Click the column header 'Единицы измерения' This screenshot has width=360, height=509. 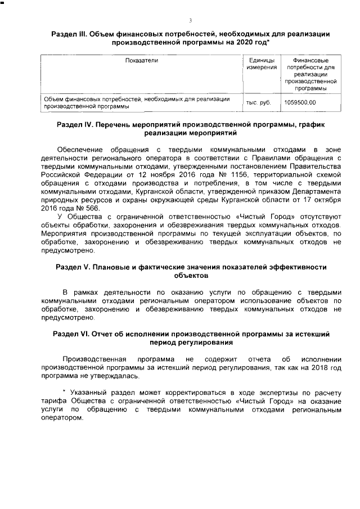click(262, 64)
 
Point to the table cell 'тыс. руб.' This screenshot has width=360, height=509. click(259, 102)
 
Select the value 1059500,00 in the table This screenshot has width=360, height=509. click(300, 102)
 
